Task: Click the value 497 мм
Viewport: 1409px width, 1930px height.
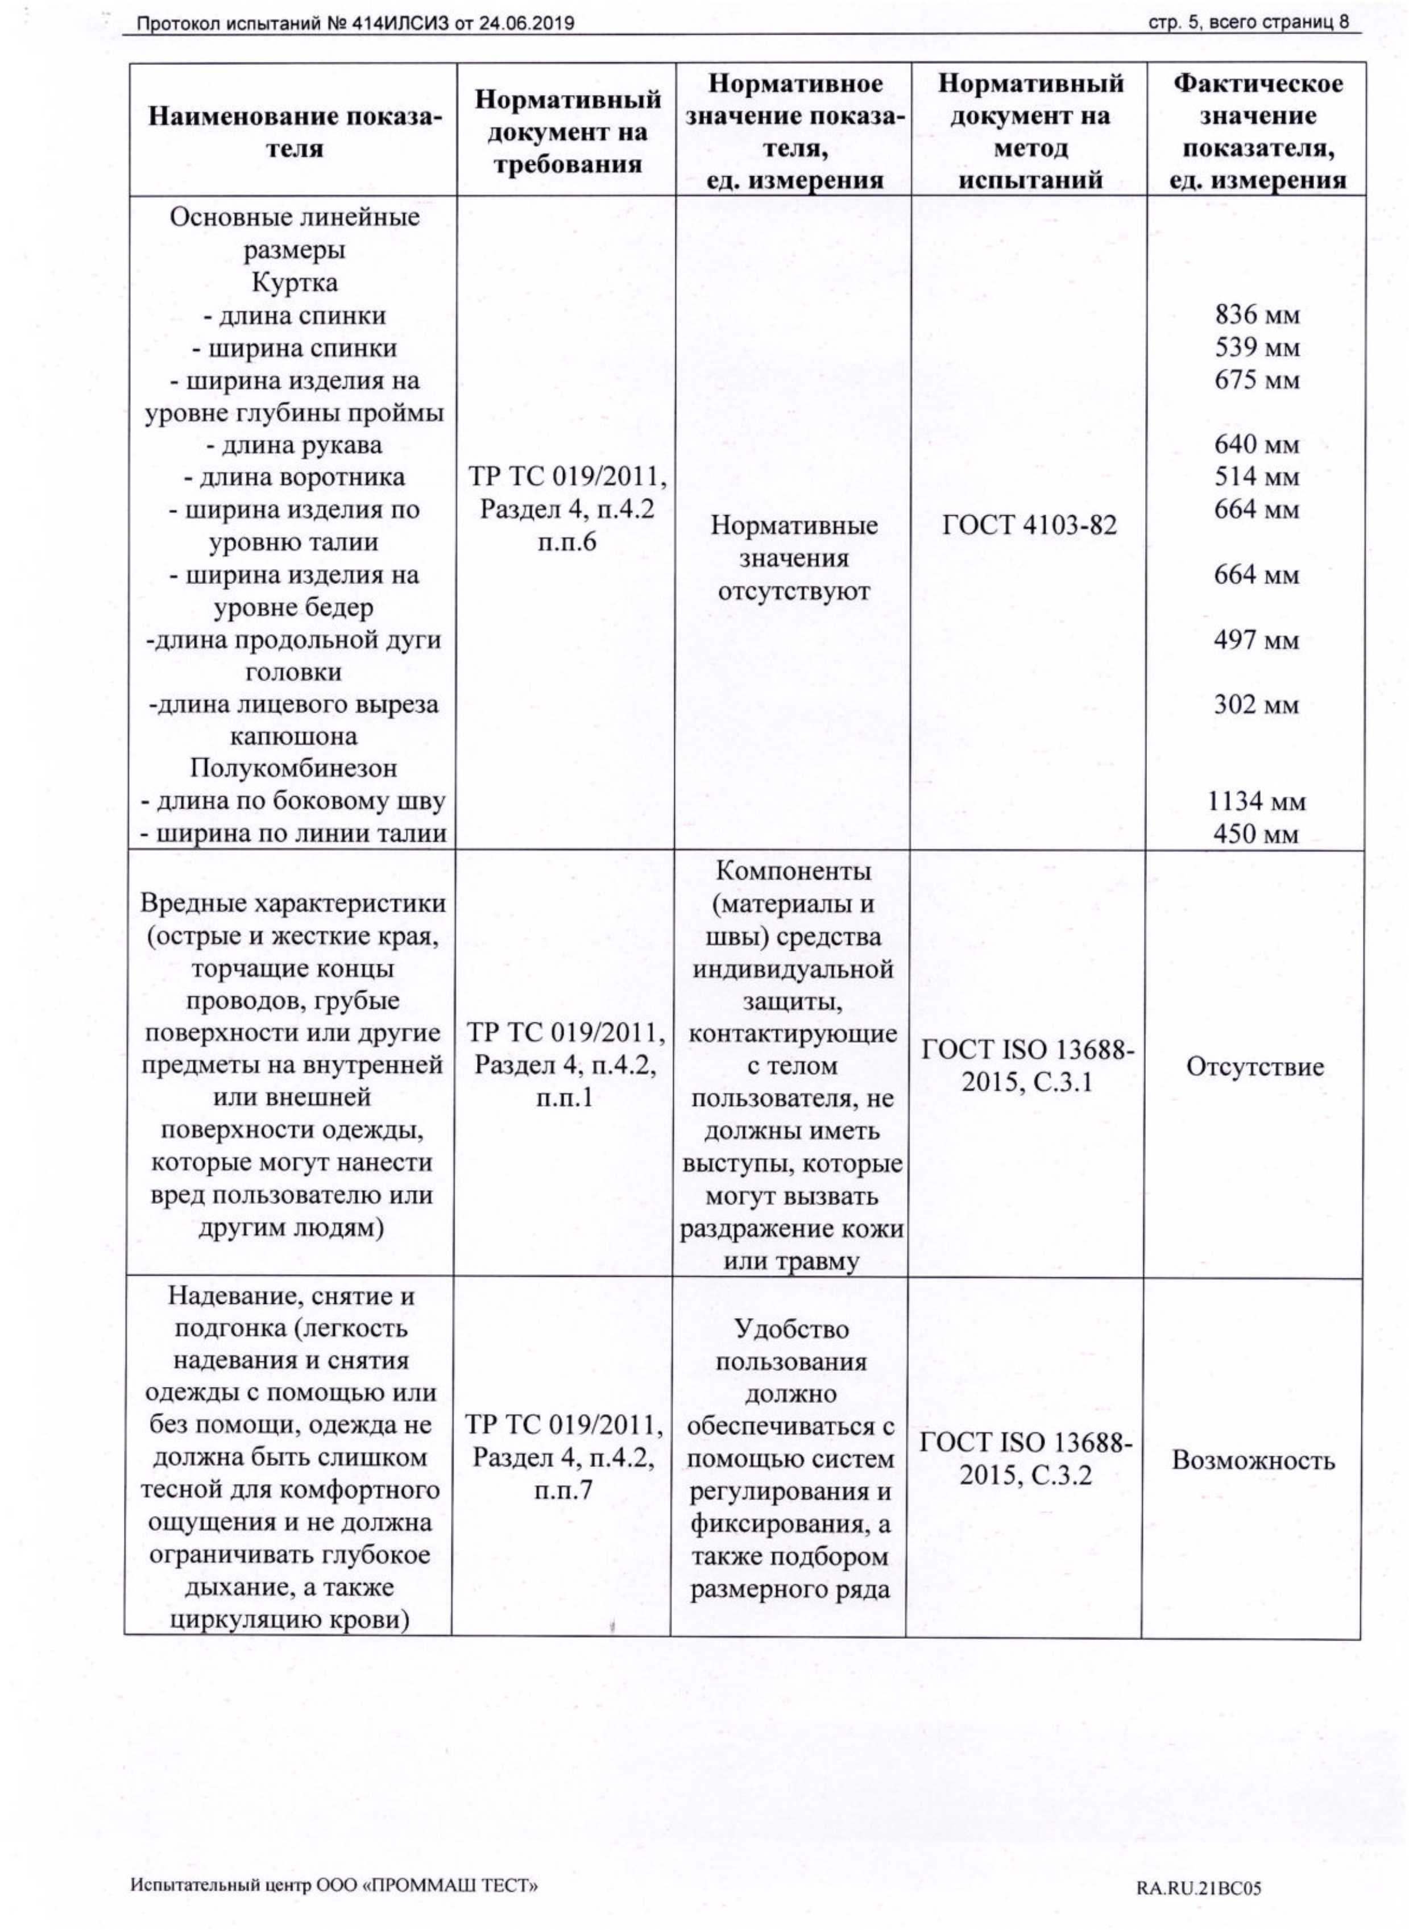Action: coord(1257,640)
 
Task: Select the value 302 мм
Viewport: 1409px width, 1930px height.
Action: coord(1257,705)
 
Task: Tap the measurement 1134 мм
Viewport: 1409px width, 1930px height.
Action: coord(1257,802)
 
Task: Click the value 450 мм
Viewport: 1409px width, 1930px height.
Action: coord(1257,834)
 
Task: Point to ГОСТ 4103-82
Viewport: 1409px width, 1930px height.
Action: coord(1029,526)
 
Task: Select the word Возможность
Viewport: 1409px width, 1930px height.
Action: coord(1252,1460)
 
